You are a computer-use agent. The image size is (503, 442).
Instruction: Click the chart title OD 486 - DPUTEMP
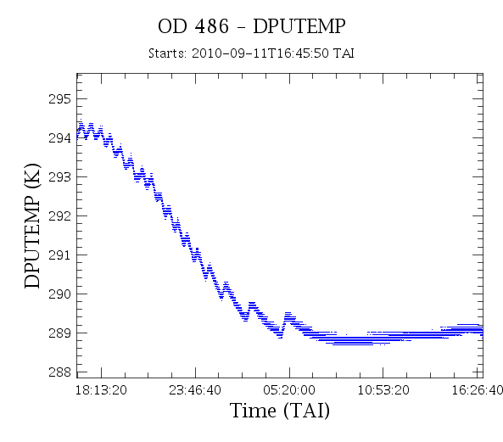(251, 26)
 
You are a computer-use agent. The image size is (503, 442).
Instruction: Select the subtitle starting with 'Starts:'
(251, 53)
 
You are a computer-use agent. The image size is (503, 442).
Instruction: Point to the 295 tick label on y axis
(59, 99)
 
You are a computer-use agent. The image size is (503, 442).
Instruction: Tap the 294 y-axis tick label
(59, 138)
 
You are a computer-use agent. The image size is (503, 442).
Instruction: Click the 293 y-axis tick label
(59, 176)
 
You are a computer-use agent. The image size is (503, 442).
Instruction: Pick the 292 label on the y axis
(59, 215)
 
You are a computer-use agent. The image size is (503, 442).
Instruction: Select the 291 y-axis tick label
(59, 255)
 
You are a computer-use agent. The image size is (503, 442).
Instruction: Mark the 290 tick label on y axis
(59, 294)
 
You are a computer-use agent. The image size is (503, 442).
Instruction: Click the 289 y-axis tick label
(59, 333)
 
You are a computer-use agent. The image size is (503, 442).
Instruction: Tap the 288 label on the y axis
(59, 372)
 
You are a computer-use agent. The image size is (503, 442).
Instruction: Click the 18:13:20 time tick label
(101, 390)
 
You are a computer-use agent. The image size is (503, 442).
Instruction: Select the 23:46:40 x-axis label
(195, 390)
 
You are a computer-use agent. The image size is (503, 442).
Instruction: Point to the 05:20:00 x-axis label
(289, 390)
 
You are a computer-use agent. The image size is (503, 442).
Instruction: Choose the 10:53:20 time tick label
(383, 390)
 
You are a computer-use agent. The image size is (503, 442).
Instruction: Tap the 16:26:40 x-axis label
(478, 390)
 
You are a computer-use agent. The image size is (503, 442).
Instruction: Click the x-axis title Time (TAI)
(280, 411)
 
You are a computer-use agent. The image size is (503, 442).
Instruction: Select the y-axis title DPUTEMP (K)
(32, 226)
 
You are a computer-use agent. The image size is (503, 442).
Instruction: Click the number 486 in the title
(212, 26)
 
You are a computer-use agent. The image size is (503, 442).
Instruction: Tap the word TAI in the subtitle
(344, 53)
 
